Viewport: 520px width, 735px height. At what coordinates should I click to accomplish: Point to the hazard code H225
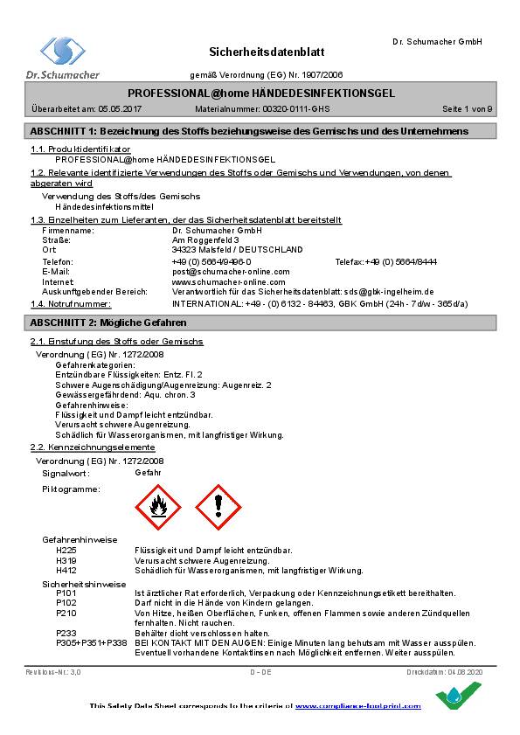tap(66, 551)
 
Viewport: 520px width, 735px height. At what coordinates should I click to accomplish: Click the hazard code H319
tap(66, 560)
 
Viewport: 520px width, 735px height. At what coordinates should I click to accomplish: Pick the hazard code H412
tap(66, 571)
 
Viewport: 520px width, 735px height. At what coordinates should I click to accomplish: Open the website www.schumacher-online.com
tap(228, 282)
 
